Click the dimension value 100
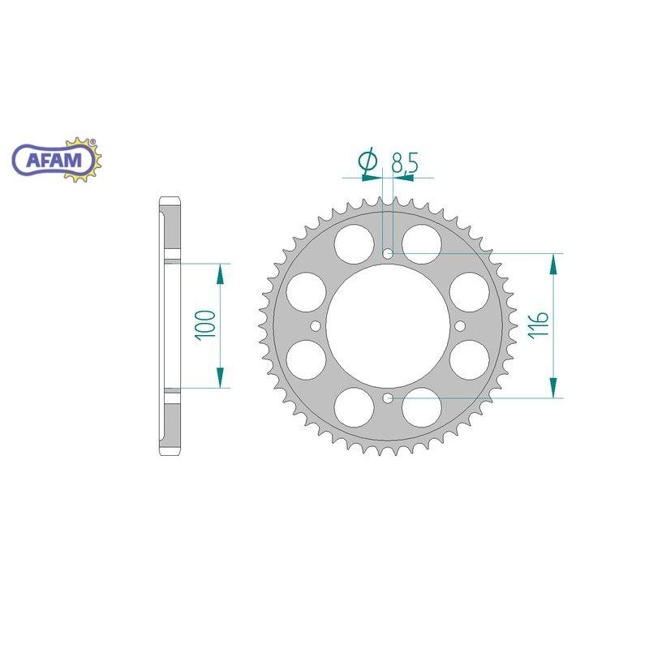(x=207, y=324)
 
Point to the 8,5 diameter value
(x=404, y=163)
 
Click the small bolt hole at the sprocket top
(x=388, y=255)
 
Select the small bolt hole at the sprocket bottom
(x=388, y=398)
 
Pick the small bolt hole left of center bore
(x=316, y=326)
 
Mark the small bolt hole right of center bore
(x=459, y=326)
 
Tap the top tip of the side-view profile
(x=170, y=198)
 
